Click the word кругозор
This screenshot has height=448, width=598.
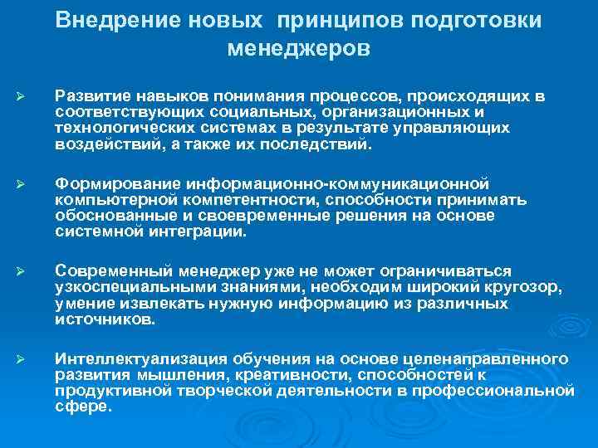coord(519,287)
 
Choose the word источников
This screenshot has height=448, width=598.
coord(103,319)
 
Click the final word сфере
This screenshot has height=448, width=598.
coord(81,407)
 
